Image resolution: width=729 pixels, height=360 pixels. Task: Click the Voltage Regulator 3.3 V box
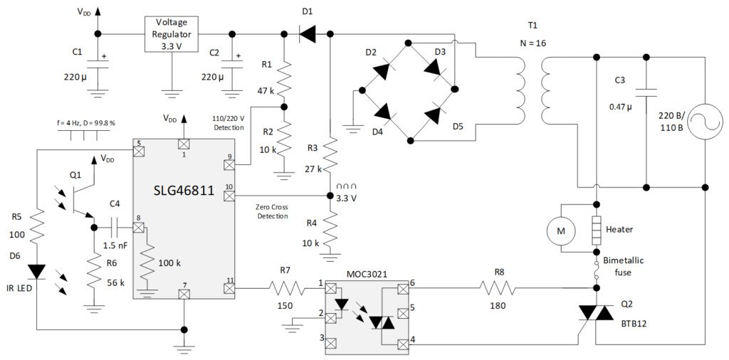(x=172, y=33)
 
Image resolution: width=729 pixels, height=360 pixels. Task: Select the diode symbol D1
(x=307, y=33)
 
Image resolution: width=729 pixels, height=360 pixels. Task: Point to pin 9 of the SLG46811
(x=229, y=165)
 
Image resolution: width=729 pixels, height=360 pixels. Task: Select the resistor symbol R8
(x=499, y=288)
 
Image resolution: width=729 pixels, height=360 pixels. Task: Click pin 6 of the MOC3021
(x=403, y=288)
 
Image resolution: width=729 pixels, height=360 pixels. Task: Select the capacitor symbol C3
(x=646, y=93)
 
